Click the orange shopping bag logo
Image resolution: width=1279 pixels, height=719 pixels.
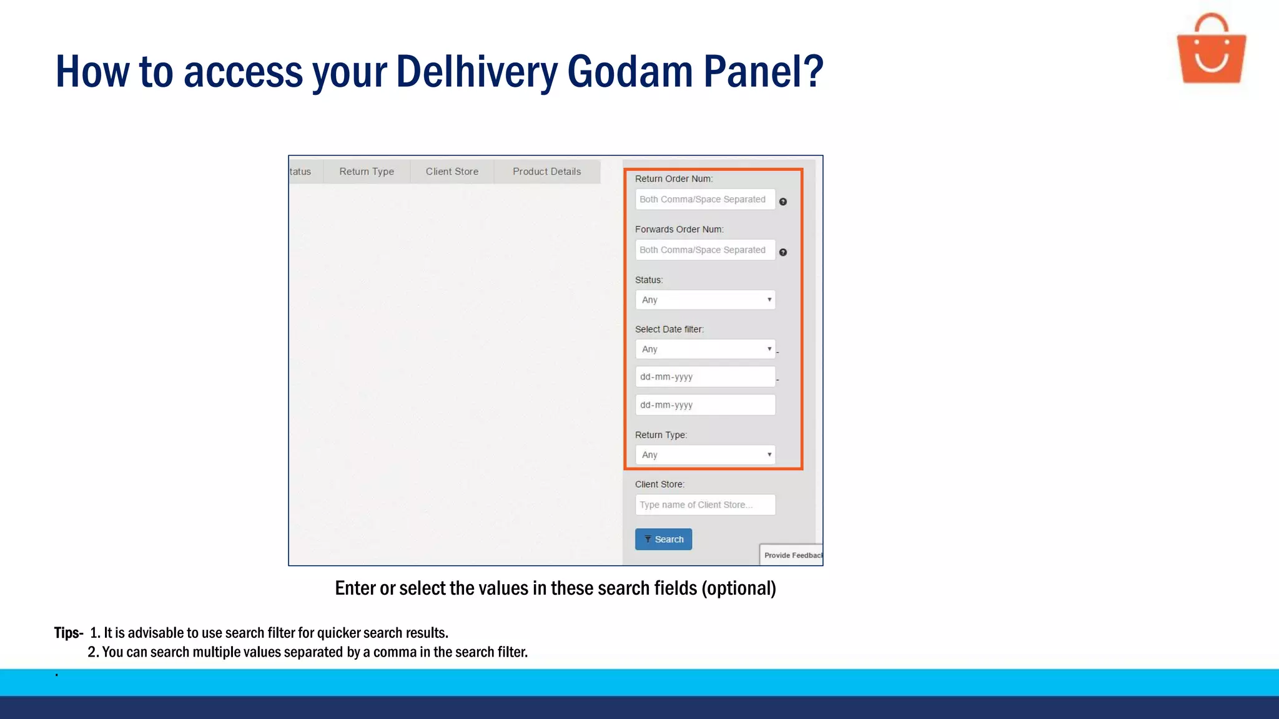click(x=1211, y=50)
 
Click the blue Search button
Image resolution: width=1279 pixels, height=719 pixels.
click(x=663, y=539)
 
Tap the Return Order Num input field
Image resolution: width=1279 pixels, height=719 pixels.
click(x=705, y=200)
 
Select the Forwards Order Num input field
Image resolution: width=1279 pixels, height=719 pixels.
click(x=705, y=250)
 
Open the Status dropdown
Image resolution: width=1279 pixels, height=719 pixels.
click(x=705, y=300)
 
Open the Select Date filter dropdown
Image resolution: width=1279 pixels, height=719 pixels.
click(x=705, y=350)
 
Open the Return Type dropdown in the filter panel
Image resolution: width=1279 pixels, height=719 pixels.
click(x=705, y=455)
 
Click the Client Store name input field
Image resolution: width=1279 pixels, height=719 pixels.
click(x=705, y=505)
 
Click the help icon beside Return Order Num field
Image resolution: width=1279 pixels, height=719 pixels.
click(x=783, y=202)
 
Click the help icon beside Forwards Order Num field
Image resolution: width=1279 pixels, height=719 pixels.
click(x=783, y=252)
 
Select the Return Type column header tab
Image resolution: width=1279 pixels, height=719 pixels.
click(x=367, y=172)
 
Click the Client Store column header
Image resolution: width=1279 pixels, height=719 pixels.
click(x=452, y=172)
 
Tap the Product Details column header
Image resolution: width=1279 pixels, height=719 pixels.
click(x=547, y=172)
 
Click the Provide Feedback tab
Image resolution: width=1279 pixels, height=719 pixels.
click(x=792, y=555)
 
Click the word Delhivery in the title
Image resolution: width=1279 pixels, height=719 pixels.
click(x=477, y=72)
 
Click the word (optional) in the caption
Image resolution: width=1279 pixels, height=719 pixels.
click(x=739, y=589)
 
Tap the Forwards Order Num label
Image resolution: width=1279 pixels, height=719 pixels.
click(x=679, y=230)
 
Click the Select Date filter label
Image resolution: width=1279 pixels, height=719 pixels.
click(x=669, y=330)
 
